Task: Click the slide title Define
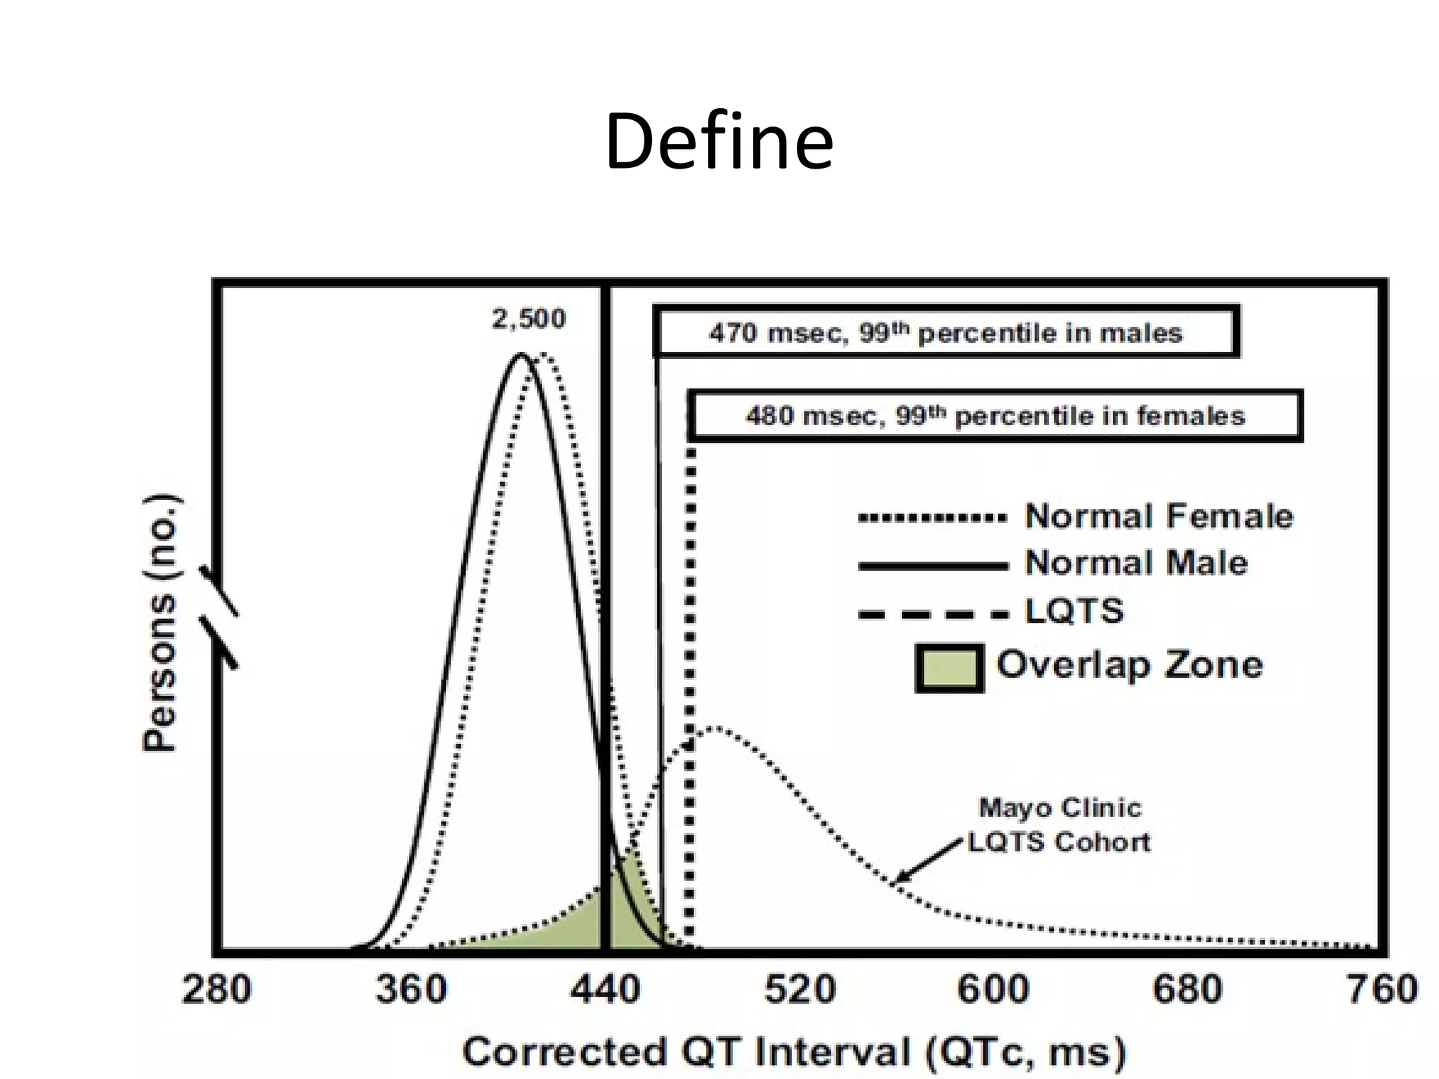719,143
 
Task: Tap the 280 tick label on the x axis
216,990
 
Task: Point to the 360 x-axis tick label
411,990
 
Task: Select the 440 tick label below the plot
605,990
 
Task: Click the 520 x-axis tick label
800,990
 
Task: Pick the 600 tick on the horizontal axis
994,990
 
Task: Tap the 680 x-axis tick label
1188,990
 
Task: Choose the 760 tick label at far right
1381,990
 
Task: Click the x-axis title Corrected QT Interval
794,1052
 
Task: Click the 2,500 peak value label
528,320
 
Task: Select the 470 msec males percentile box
946,332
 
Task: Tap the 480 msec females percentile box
995,416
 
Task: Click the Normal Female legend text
1159,516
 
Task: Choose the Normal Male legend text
1136,563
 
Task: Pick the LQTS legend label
1074,611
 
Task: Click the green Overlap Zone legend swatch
949,668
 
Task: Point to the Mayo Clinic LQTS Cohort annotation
1060,825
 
